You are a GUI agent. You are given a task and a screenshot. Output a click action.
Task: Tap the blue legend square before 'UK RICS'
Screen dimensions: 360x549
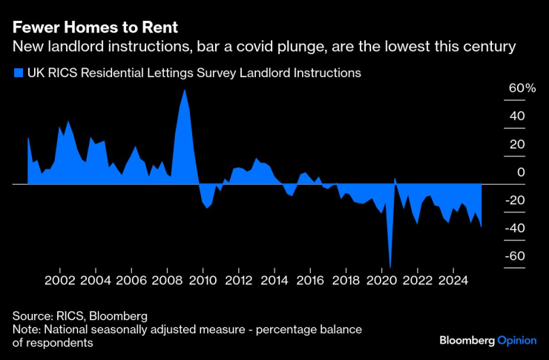pos(18,73)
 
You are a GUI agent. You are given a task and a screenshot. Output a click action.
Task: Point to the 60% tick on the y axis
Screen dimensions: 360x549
pos(521,88)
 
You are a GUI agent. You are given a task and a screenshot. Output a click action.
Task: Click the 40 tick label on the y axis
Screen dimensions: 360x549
pos(516,117)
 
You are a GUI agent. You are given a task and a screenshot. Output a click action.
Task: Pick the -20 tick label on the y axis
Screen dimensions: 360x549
pos(516,200)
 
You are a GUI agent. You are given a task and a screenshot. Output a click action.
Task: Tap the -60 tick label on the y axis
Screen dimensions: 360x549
pos(516,256)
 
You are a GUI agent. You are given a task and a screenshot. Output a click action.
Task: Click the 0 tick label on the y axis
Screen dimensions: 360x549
pos(521,172)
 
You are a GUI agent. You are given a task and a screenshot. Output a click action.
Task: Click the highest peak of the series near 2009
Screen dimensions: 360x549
pos(184,91)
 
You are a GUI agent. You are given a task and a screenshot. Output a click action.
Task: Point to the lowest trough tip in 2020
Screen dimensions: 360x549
pos(390,266)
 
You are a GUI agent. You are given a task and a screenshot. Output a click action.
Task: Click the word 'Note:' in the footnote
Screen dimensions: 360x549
pos(27,329)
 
